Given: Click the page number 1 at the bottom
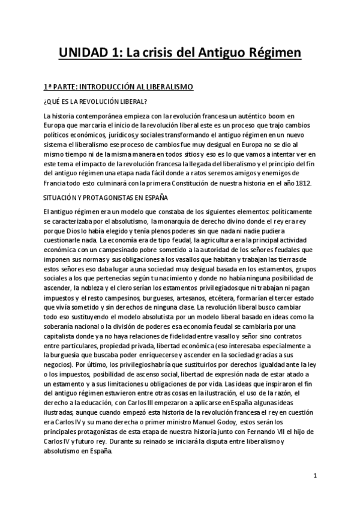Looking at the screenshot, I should [x=316, y=475].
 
